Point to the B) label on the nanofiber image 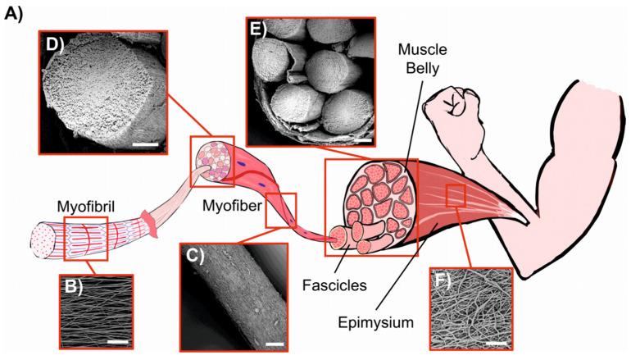pyautogui.click(x=75, y=287)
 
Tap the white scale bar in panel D pyautogui.click(x=144, y=145)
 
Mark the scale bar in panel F pyautogui.click(x=493, y=337)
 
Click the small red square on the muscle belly pyautogui.click(x=455, y=196)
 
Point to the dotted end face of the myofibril pyautogui.click(x=41, y=238)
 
